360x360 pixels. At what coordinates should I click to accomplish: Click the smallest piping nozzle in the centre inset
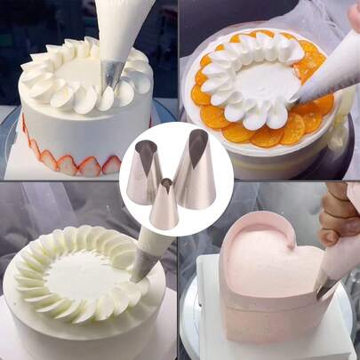pyautogui.click(x=164, y=206)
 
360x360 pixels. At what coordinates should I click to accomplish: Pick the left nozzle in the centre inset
pyautogui.click(x=144, y=173)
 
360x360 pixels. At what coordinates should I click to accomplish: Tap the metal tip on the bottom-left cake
pyautogui.click(x=141, y=268)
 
